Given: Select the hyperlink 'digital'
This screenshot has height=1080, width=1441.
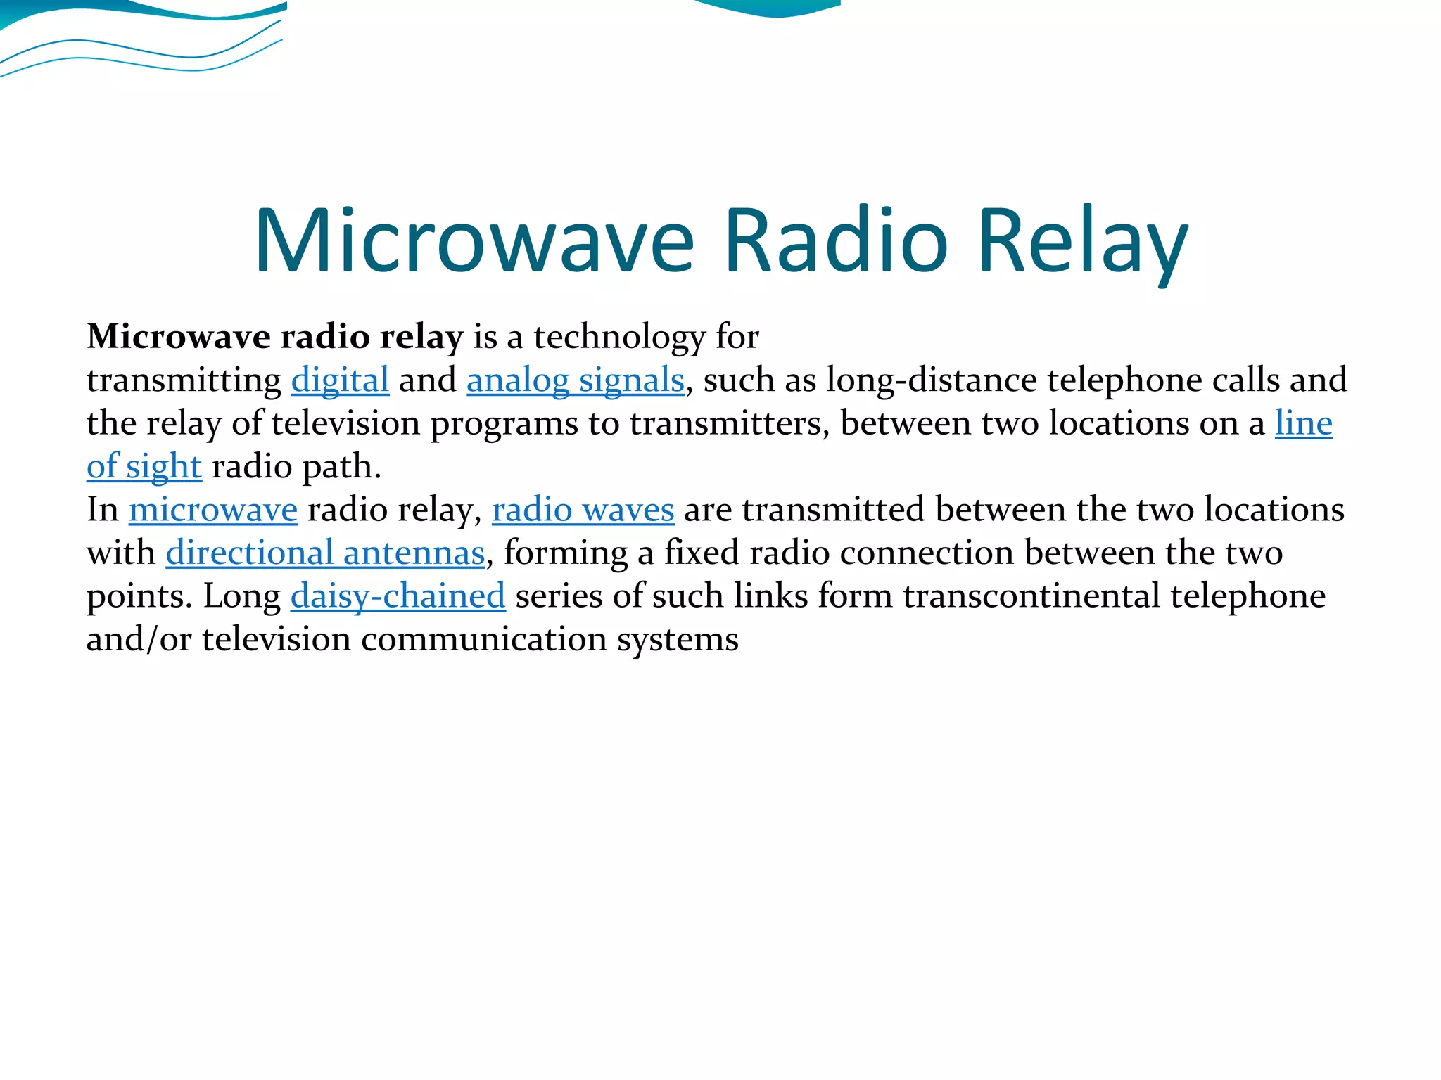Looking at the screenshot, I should [340, 380].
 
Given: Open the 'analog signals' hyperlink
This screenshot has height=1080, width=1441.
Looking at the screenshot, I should [575, 380].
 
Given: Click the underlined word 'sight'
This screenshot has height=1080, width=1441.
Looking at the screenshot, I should [164, 467].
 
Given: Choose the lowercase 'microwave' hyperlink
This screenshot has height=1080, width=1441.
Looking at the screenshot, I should [213, 510].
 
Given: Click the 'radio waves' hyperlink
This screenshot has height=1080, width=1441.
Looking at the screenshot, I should [583, 510].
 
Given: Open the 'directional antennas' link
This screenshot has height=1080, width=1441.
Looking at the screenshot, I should [325, 553].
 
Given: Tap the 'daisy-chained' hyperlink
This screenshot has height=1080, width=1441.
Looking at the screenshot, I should [398, 596].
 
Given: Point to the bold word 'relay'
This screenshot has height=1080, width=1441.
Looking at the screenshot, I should [421, 337].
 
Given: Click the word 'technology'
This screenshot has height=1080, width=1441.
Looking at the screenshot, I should [619, 337].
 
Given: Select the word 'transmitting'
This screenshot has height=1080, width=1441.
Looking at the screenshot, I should [184, 380].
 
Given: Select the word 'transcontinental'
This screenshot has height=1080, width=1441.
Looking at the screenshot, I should [1031, 596].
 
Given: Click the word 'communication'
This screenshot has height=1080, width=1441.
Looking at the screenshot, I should [484, 640].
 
